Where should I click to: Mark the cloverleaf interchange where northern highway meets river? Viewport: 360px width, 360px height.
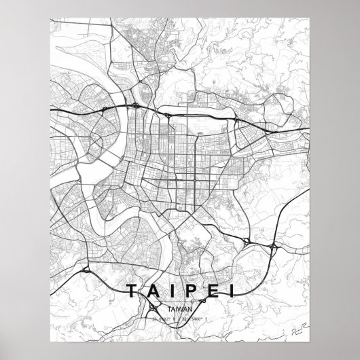click(137, 106)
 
